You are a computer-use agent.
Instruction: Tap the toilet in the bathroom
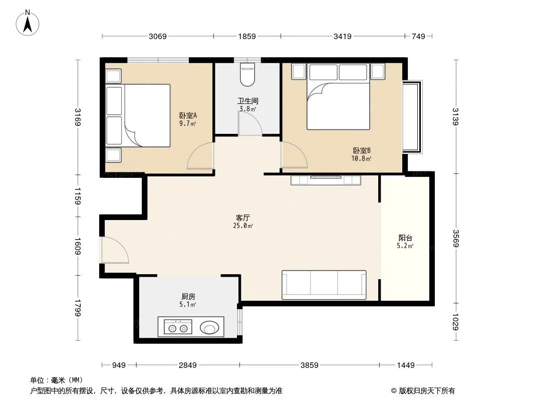[247, 74]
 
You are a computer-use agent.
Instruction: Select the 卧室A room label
[188, 115]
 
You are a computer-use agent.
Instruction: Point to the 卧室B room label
[362, 150]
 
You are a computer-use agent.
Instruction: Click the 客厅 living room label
[243, 218]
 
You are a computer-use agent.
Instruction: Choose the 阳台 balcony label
[405, 238]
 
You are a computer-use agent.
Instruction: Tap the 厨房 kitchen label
[188, 296]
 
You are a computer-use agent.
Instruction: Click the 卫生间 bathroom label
[247, 101]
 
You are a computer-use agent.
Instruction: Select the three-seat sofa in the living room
[324, 285]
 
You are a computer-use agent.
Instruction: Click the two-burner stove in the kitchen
[178, 326]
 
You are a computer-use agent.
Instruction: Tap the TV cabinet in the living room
[326, 180]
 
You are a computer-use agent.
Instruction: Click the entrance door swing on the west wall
[115, 250]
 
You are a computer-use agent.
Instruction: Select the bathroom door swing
[250, 123]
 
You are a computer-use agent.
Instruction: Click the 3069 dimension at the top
[158, 37]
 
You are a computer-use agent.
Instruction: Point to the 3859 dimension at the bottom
[309, 365]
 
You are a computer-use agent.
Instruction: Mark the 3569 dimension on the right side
[456, 238]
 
